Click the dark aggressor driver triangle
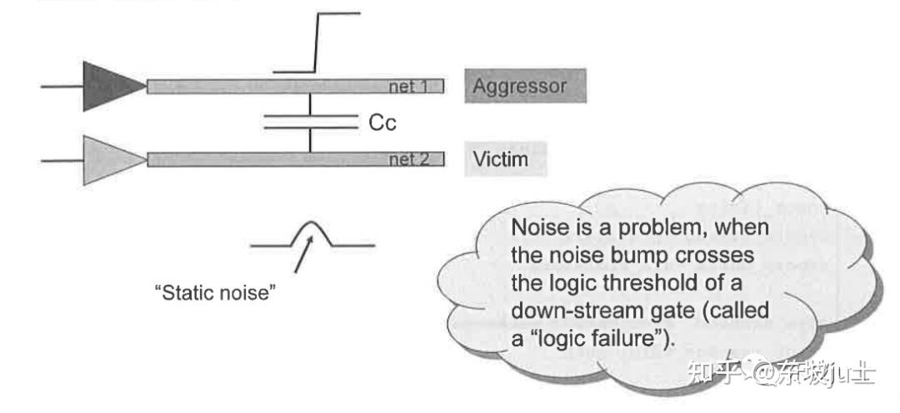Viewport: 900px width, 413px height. [x=110, y=86]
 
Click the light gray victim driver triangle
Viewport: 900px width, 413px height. [x=110, y=159]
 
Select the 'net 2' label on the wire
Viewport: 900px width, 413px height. [x=408, y=160]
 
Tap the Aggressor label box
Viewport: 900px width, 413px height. [x=524, y=86]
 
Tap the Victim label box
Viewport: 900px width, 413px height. [x=505, y=158]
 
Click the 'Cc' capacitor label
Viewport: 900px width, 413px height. [x=382, y=123]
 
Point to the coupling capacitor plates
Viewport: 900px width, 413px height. [x=309, y=122]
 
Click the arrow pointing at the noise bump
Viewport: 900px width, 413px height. [x=303, y=255]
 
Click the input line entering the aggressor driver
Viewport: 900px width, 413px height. [x=62, y=86]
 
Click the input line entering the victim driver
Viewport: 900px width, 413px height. [x=62, y=159]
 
